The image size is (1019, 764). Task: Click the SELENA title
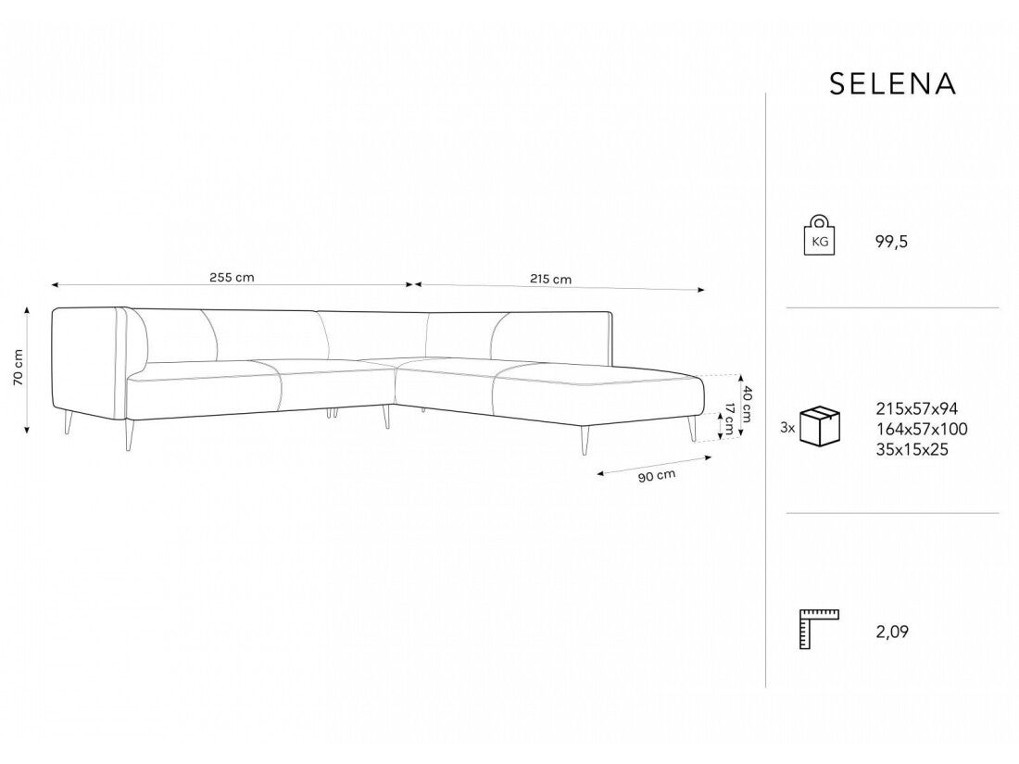(x=892, y=83)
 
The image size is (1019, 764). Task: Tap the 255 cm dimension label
(x=232, y=278)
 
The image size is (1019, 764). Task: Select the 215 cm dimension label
(x=550, y=279)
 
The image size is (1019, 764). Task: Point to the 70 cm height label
(x=18, y=367)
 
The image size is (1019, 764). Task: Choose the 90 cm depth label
(x=657, y=476)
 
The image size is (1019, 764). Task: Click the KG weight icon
(x=819, y=234)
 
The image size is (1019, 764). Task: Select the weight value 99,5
(x=891, y=243)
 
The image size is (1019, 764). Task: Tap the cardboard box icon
(x=820, y=426)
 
